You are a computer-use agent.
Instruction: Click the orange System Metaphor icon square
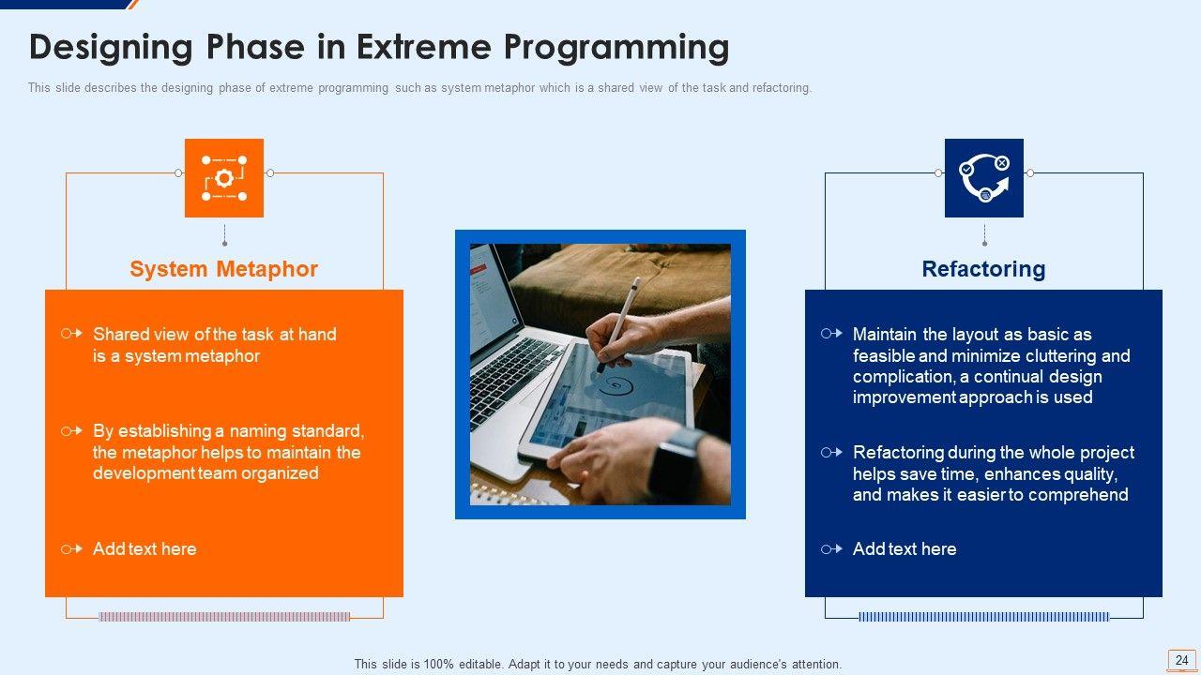point(224,178)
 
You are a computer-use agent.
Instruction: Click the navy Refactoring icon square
point(984,178)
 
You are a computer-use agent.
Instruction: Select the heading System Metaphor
point(223,269)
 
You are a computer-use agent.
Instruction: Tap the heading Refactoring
point(984,269)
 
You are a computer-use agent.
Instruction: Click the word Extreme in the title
point(423,47)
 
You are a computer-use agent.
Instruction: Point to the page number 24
point(1181,660)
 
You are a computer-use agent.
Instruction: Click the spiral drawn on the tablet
point(616,384)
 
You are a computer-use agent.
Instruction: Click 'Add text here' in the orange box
point(144,548)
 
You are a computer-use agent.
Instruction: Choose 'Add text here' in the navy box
point(905,548)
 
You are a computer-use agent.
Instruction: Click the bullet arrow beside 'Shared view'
point(72,334)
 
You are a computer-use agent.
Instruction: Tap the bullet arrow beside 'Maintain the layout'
point(831,334)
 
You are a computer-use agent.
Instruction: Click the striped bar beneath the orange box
point(224,617)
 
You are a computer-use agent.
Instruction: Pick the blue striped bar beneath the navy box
point(984,617)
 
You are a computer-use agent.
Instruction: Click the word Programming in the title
point(616,48)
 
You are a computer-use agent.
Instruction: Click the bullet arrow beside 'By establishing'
point(72,430)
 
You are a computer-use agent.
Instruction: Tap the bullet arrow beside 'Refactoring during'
point(831,453)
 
